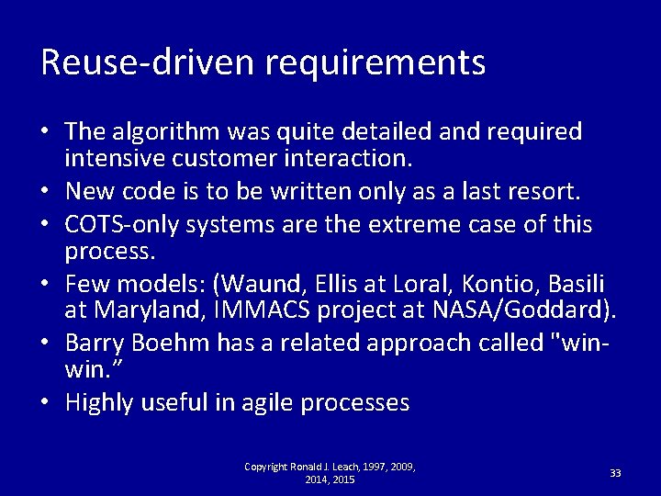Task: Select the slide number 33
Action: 615,473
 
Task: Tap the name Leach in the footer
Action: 342,468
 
